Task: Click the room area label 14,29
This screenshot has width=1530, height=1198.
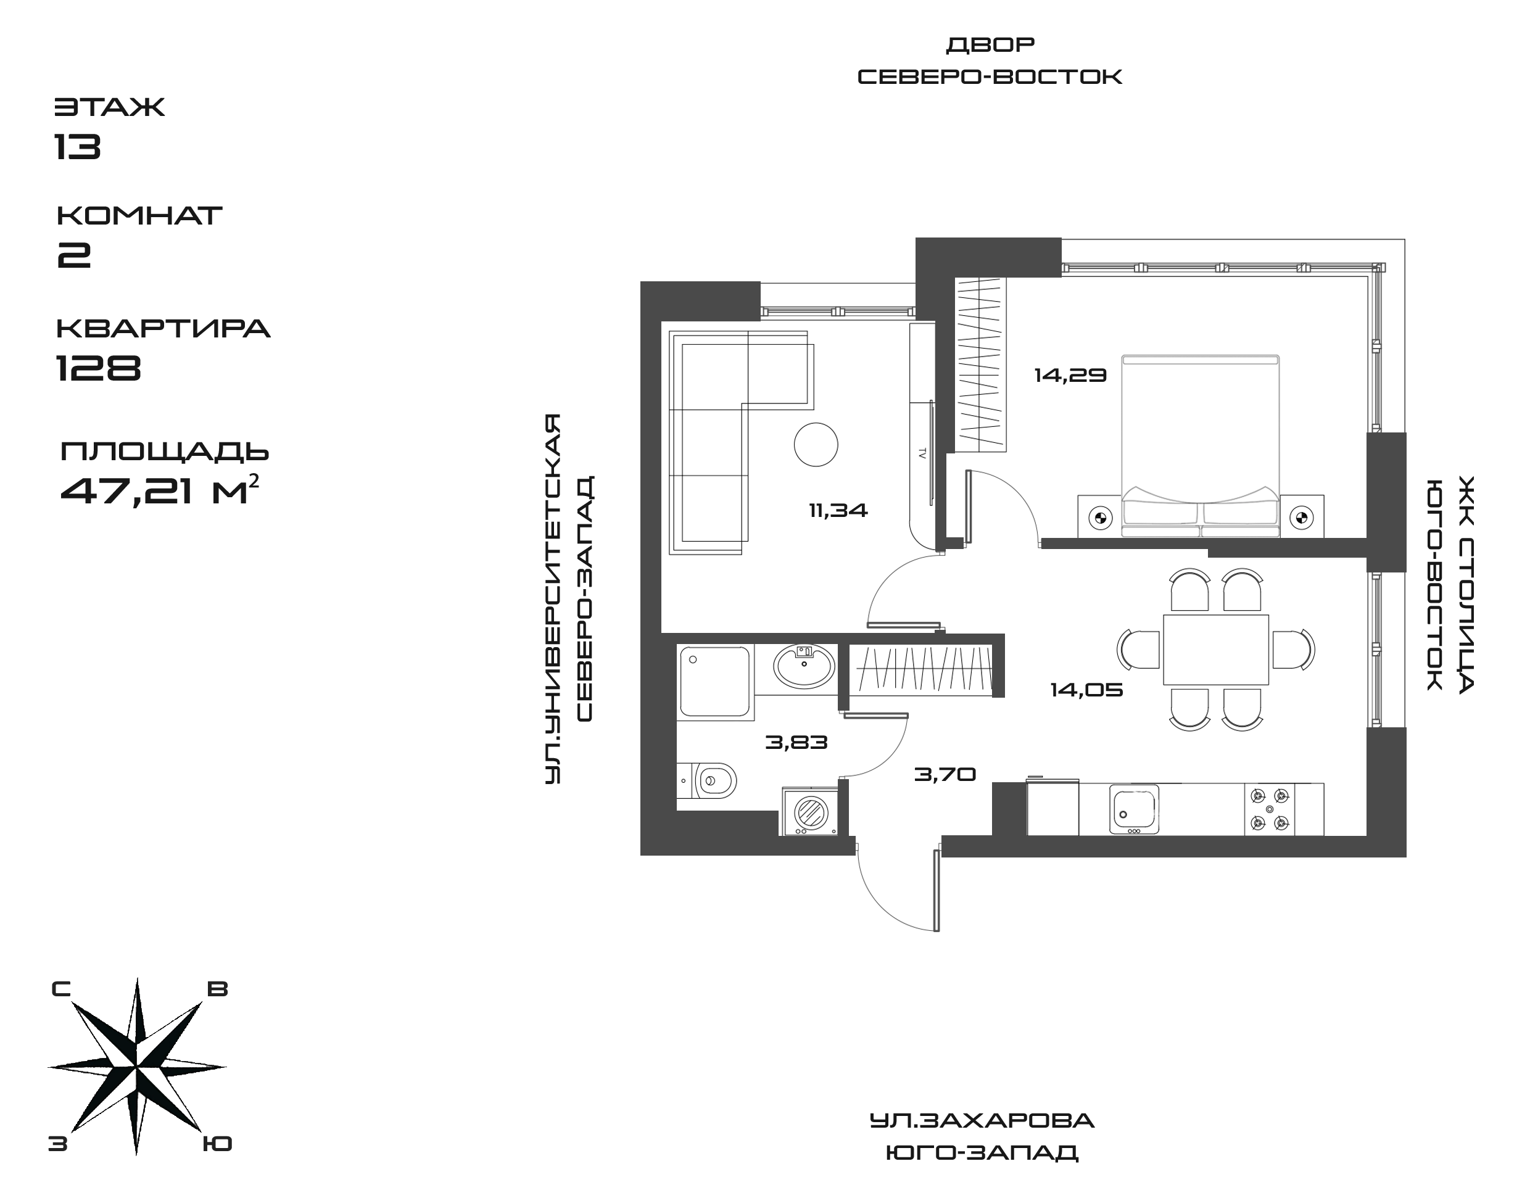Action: coord(1070,376)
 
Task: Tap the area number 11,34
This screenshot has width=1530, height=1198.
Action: coord(838,511)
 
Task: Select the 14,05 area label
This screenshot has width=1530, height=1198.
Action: coord(1086,690)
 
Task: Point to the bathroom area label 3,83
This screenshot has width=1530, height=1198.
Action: coord(796,742)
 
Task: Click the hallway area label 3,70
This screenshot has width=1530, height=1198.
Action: coord(945,774)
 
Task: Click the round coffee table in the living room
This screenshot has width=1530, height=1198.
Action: coord(816,444)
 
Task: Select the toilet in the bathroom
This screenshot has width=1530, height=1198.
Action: coord(712,779)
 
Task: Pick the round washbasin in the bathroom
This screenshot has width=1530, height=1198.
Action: coord(804,665)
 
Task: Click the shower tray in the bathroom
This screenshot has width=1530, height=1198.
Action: coord(714,682)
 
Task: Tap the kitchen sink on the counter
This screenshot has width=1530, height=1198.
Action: coord(1134,809)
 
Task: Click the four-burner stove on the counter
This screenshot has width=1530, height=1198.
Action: coord(1270,809)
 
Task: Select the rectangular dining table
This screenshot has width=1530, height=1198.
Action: coord(1216,650)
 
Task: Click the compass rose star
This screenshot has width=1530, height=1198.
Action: coord(137,1066)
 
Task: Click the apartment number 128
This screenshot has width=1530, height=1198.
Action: coord(98,367)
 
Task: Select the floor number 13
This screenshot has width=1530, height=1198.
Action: coord(78,146)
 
